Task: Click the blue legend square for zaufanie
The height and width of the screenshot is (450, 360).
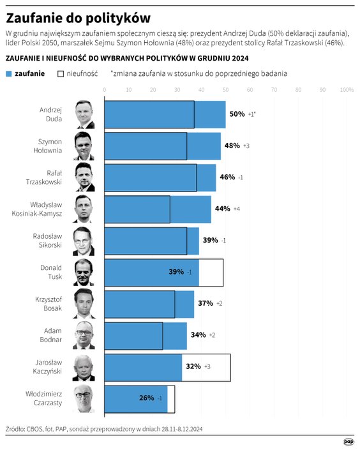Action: (x=9, y=73)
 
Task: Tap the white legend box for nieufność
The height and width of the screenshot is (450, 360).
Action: (x=61, y=73)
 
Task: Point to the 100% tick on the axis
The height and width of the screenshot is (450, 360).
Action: (x=347, y=90)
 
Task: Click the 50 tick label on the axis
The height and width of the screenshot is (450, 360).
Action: (x=225, y=90)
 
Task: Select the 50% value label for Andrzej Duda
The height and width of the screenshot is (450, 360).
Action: (x=237, y=114)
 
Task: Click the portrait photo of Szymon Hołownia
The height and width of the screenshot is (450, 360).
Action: (x=84, y=146)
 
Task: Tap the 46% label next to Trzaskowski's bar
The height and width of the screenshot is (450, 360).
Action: (x=227, y=177)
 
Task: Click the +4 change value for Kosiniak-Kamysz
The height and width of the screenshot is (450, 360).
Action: (x=237, y=209)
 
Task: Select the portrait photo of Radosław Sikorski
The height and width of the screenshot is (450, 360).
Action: (x=84, y=240)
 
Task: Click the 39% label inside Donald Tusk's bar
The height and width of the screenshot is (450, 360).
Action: (x=176, y=272)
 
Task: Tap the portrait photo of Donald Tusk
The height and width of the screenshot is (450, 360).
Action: (x=84, y=272)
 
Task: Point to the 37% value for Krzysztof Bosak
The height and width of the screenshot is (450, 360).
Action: (x=206, y=303)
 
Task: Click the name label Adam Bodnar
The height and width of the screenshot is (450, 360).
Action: (x=52, y=335)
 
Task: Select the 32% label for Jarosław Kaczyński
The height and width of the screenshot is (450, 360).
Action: (x=193, y=366)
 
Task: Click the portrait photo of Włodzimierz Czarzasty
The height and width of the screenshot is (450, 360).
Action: (x=84, y=398)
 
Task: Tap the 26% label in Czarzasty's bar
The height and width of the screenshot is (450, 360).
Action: (x=147, y=398)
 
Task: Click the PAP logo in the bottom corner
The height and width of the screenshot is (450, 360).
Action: (x=349, y=441)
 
